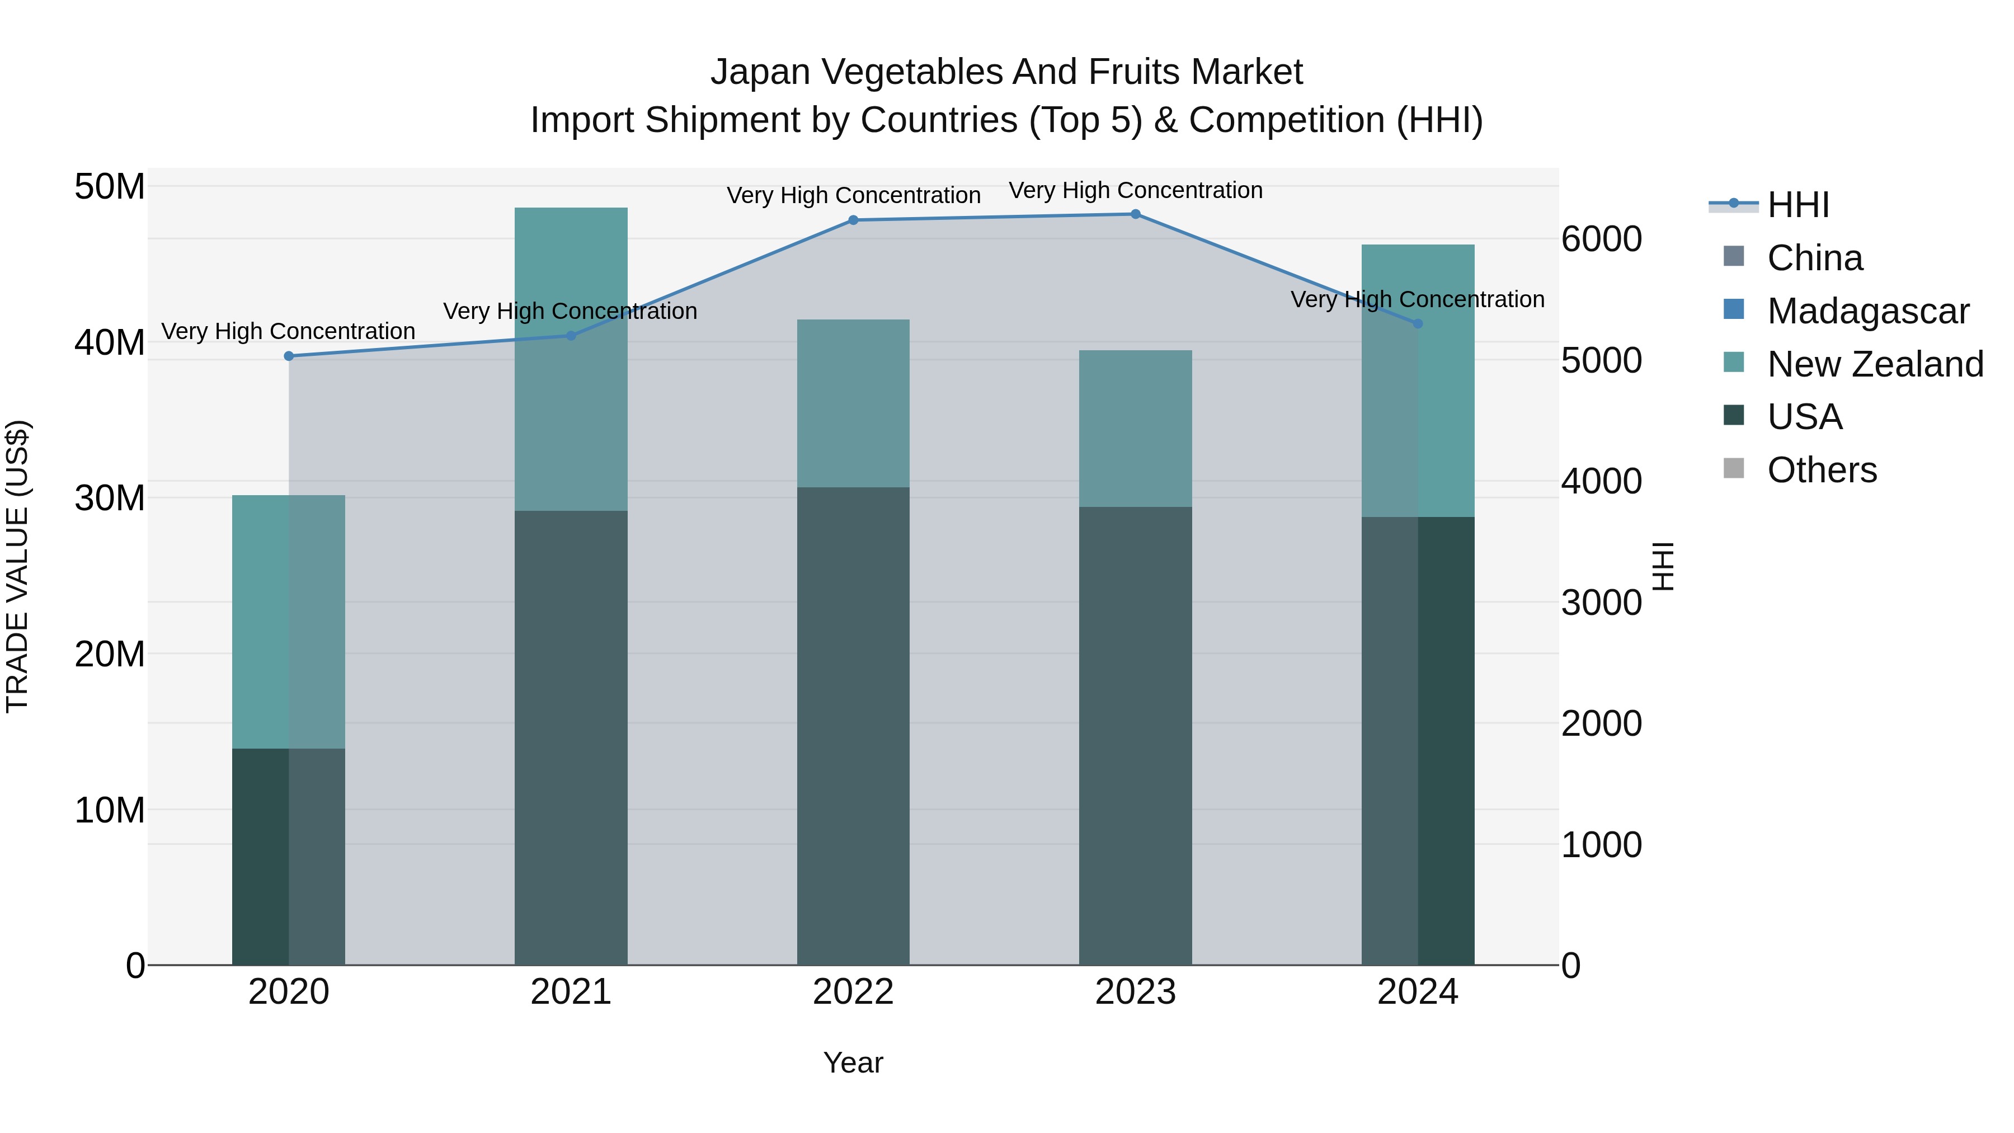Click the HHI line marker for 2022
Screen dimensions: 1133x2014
click(x=853, y=220)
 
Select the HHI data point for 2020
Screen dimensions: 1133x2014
click(x=289, y=356)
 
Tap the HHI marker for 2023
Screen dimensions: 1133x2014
click(x=1135, y=214)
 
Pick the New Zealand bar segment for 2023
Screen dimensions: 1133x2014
click(x=1135, y=429)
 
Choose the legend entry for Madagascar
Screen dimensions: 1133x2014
click(x=1867, y=311)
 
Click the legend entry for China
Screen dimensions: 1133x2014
click(x=1814, y=258)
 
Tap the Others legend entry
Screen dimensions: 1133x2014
click(x=1821, y=470)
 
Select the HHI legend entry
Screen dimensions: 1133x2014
click(x=1796, y=205)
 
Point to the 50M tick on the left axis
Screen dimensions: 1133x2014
click(x=110, y=187)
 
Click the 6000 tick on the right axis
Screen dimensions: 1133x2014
click(x=1601, y=239)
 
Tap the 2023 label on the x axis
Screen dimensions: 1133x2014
click(x=1135, y=992)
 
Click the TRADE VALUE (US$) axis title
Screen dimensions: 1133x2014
click(x=17, y=566)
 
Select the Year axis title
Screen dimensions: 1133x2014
click(x=853, y=1063)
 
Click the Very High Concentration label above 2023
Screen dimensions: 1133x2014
click(x=1135, y=190)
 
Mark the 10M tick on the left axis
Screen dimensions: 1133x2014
click(x=110, y=810)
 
